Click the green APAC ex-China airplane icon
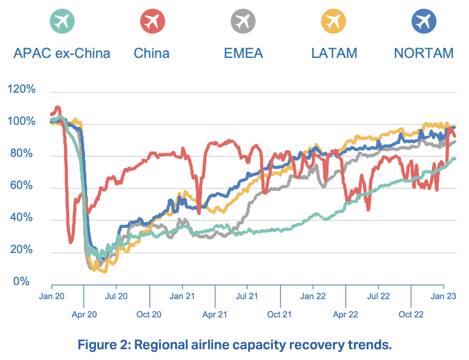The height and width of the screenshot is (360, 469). (62, 21)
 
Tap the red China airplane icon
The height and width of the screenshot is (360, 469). (152, 21)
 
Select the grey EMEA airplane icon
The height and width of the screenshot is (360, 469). (243, 21)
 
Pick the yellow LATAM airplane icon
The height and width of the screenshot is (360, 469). (333, 21)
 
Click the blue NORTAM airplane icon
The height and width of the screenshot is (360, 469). (424, 21)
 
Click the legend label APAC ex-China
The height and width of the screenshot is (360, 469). (62, 54)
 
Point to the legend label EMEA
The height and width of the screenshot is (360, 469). (243, 54)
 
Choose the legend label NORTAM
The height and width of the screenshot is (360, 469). (424, 54)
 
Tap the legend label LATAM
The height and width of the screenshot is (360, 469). (334, 54)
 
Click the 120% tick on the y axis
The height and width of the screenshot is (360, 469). (22, 89)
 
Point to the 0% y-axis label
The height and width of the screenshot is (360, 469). (21, 281)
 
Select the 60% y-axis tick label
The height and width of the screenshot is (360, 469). (22, 185)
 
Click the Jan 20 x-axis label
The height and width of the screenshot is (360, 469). (52, 296)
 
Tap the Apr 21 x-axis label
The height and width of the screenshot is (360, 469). (215, 315)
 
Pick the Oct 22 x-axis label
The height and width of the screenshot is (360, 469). (411, 315)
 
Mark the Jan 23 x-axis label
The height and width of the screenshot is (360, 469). (443, 296)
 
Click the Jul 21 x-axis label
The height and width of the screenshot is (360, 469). (247, 296)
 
